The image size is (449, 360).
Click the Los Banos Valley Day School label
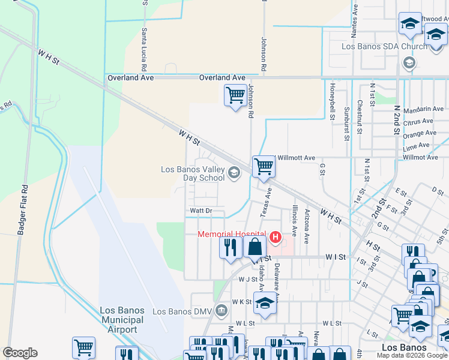pos(193,173)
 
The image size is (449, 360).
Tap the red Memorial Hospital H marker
pos(276,238)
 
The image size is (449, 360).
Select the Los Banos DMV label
pos(182,311)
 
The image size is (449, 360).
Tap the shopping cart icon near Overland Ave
pos(235,95)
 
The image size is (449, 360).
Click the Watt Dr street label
pos(201,211)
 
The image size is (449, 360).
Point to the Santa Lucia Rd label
pos(144,48)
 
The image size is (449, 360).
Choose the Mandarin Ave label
pos(423,109)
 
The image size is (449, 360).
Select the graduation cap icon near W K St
pos(264,303)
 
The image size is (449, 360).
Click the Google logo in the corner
pos(20,353)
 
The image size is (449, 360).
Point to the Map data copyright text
pos(412,355)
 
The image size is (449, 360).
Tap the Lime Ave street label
pos(417,145)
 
